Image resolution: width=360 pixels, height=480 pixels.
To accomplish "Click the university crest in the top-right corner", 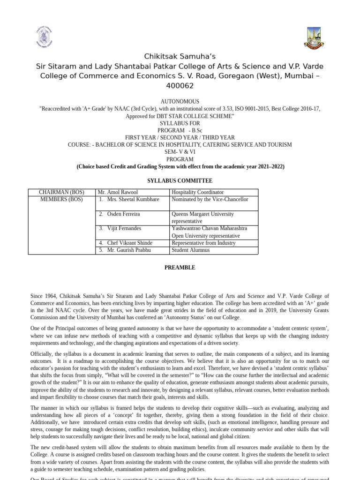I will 314,38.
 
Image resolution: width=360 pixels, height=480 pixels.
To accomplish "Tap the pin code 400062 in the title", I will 180,86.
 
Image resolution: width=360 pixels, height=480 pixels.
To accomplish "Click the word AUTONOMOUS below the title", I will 180,101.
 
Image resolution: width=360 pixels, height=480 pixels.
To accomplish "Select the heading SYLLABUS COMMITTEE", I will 180,180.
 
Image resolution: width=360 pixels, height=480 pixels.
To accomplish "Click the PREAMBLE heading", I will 180,268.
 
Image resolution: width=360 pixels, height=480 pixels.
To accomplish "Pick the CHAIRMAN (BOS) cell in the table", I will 61,192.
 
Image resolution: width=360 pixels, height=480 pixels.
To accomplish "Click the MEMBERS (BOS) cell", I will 61,199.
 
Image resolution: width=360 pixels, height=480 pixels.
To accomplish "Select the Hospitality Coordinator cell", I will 197,192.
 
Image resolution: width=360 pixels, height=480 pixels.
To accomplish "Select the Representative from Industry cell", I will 203,243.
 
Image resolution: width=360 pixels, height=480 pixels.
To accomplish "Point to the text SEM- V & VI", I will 180,152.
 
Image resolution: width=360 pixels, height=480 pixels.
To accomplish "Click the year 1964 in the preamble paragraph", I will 51,296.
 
